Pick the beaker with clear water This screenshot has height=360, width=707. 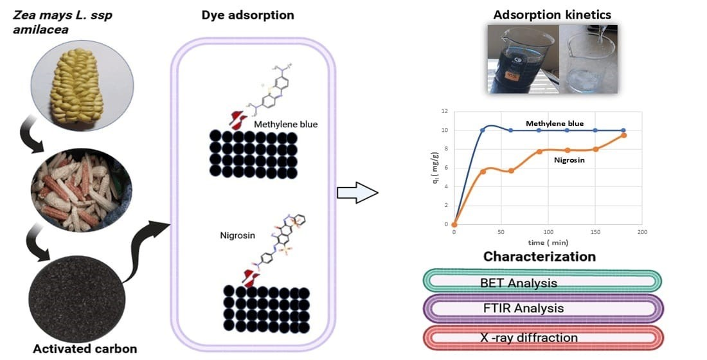click(x=586, y=59)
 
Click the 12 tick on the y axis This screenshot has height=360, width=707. click(x=444, y=111)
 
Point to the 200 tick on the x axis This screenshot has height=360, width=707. click(x=641, y=231)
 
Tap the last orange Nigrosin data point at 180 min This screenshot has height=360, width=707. click(x=623, y=135)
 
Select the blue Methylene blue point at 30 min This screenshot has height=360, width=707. click(x=483, y=130)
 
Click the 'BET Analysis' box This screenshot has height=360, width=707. click(x=542, y=282)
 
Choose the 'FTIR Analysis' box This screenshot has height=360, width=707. click(x=542, y=309)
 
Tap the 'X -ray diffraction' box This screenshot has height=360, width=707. click(x=542, y=337)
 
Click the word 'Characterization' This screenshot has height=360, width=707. click(x=539, y=257)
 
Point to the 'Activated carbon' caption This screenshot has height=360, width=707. click(x=85, y=349)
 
